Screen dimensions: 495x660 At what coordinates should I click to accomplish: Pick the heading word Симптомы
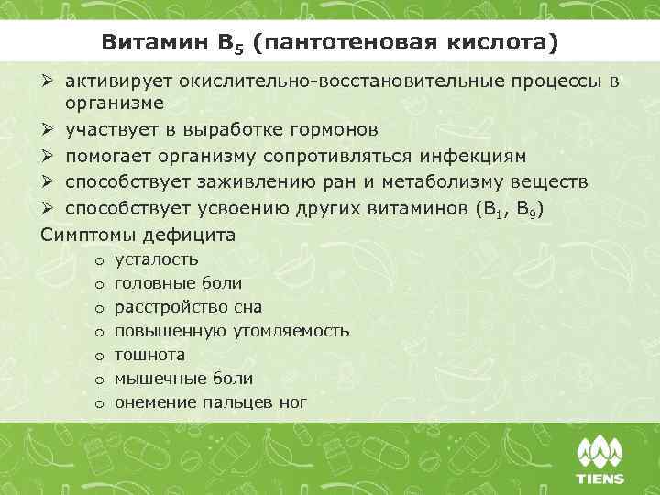(x=89, y=235)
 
